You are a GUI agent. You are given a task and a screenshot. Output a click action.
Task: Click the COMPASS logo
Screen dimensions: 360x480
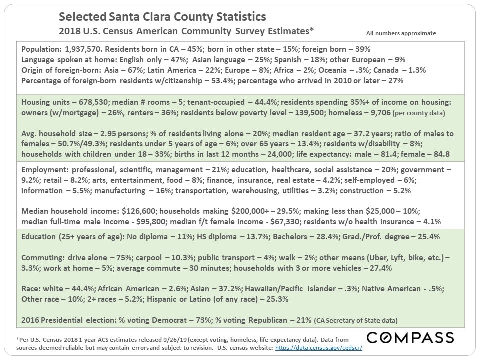pos(410,337)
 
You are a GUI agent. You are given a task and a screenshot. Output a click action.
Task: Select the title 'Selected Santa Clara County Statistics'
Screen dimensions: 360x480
pos(162,17)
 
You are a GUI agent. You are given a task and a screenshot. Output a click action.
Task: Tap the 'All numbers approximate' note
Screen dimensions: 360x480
pos(401,33)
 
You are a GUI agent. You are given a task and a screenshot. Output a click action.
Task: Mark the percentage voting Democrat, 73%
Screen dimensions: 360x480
pos(202,319)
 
